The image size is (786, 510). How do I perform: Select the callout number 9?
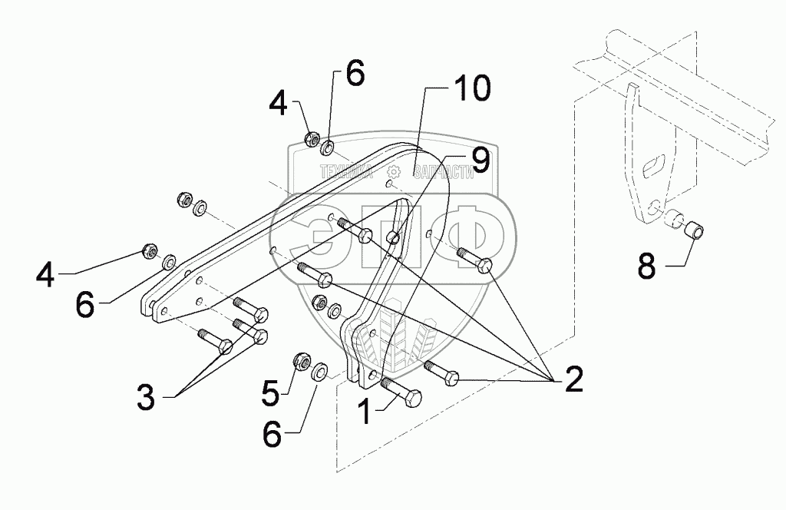pyautogui.click(x=479, y=161)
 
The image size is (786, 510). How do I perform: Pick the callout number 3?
pyautogui.click(x=146, y=398)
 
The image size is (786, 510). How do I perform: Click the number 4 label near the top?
pyautogui.click(x=279, y=103)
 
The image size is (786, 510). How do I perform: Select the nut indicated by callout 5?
pyautogui.click(x=301, y=360)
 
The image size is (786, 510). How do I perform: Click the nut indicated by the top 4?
pyautogui.click(x=312, y=139)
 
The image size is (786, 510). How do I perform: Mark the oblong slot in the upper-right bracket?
pyautogui.click(x=652, y=165)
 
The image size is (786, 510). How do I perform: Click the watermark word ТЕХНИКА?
pyautogui.click(x=346, y=173)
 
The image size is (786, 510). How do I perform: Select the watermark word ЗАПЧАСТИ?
pyautogui.click(x=442, y=174)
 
